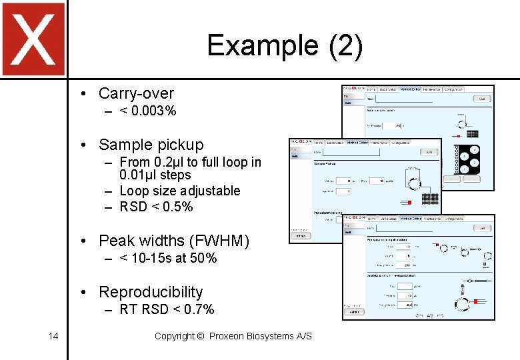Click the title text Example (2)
click(x=285, y=45)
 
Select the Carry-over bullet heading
click(x=136, y=93)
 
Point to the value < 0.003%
click(x=148, y=111)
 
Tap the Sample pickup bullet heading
click(x=151, y=145)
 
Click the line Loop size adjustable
click(x=179, y=191)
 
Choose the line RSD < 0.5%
click(x=156, y=207)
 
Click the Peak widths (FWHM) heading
click(x=173, y=241)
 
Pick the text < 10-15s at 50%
click(x=168, y=258)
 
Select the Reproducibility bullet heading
click(x=151, y=292)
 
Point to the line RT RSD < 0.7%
click(x=167, y=309)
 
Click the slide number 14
click(x=53, y=336)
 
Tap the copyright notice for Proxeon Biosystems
click(x=233, y=336)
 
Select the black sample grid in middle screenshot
click(x=430, y=198)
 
